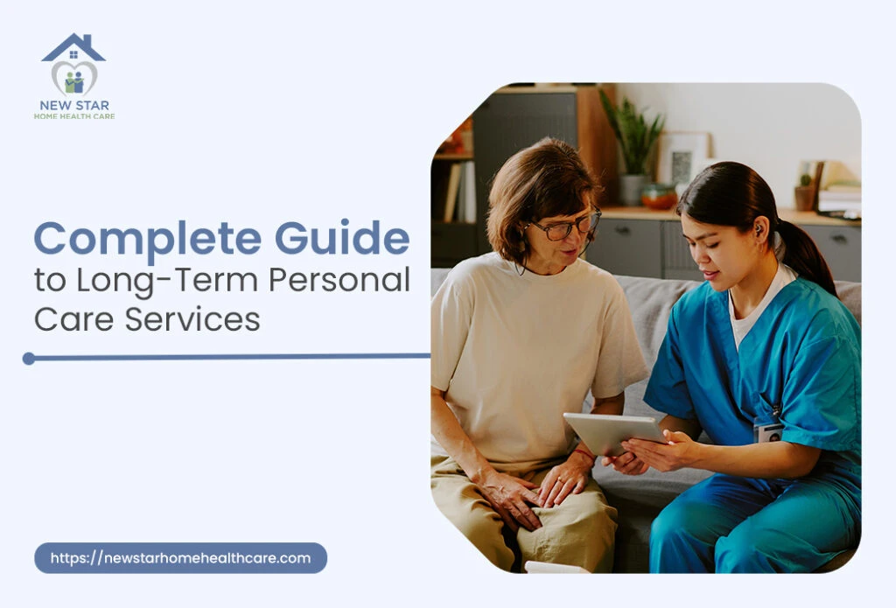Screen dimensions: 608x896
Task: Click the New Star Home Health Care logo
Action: pyautogui.click(x=73, y=77)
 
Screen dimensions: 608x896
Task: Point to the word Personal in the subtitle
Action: pyautogui.click(x=339, y=281)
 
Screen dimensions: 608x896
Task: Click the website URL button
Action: pyautogui.click(x=180, y=558)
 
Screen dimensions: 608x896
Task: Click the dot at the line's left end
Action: pyautogui.click(x=29, y=358)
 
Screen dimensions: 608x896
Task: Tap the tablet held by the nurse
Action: pyautogui.click(x=612, y=433)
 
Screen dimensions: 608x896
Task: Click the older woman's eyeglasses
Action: pyautogui.click(x=567, y=227)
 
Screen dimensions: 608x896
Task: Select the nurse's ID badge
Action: pyautogui.click(x=767, y=430)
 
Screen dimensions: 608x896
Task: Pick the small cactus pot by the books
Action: pyautogui.click(x=804, y=193)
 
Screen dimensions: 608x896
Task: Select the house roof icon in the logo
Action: pyautogui.click(x=73, y=47)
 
